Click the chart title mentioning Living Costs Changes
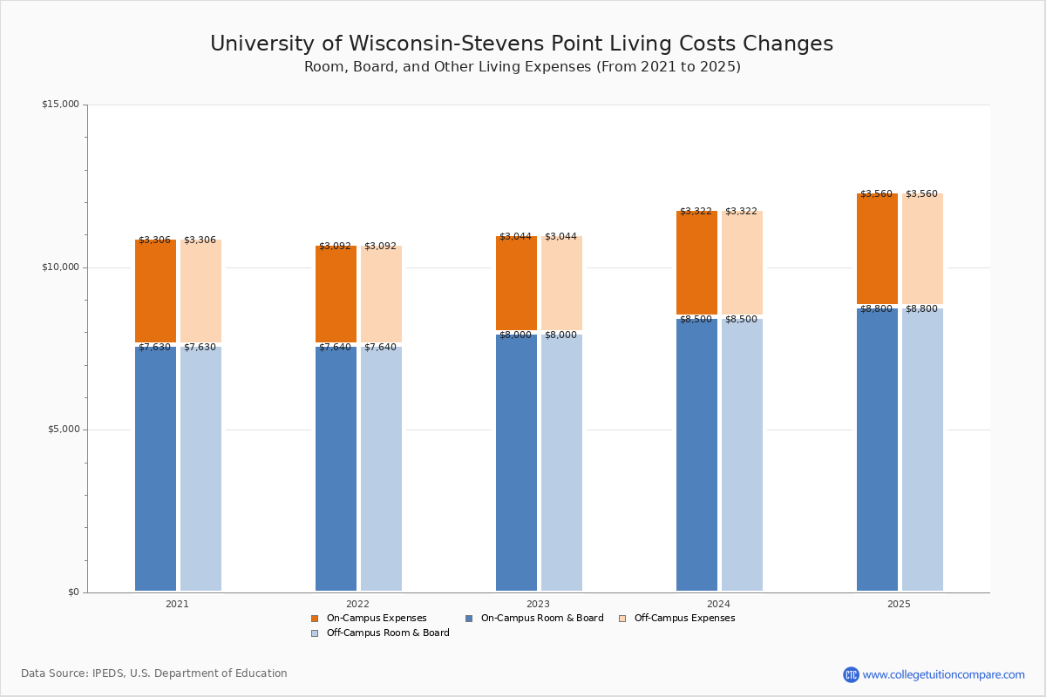521,44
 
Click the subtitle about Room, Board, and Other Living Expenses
522,67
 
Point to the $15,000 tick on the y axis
60,105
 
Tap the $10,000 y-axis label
60,267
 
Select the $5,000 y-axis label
63,430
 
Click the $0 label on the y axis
72,592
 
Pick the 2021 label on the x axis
177,604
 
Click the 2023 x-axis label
538,604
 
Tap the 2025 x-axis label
899,604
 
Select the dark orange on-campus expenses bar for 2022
336,294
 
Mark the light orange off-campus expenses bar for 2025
922,248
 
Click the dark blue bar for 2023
516,463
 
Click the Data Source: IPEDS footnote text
154,673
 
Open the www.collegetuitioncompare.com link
943,674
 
